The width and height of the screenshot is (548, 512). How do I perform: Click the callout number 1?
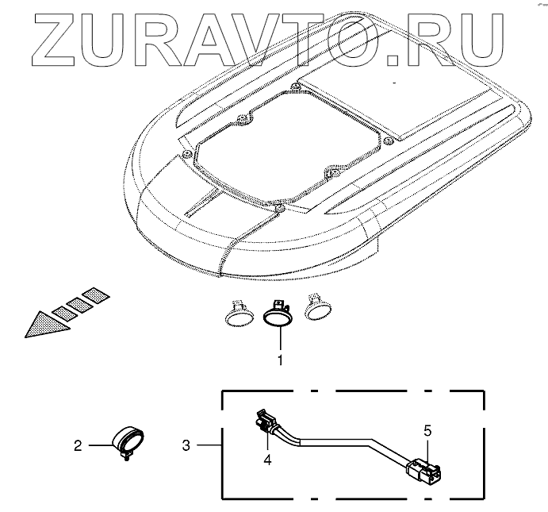coord(279,360)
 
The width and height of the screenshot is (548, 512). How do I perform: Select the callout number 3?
coord(186,446)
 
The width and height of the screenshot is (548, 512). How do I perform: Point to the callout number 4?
coord(268,458)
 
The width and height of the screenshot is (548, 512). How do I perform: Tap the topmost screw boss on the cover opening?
coord(294,86)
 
